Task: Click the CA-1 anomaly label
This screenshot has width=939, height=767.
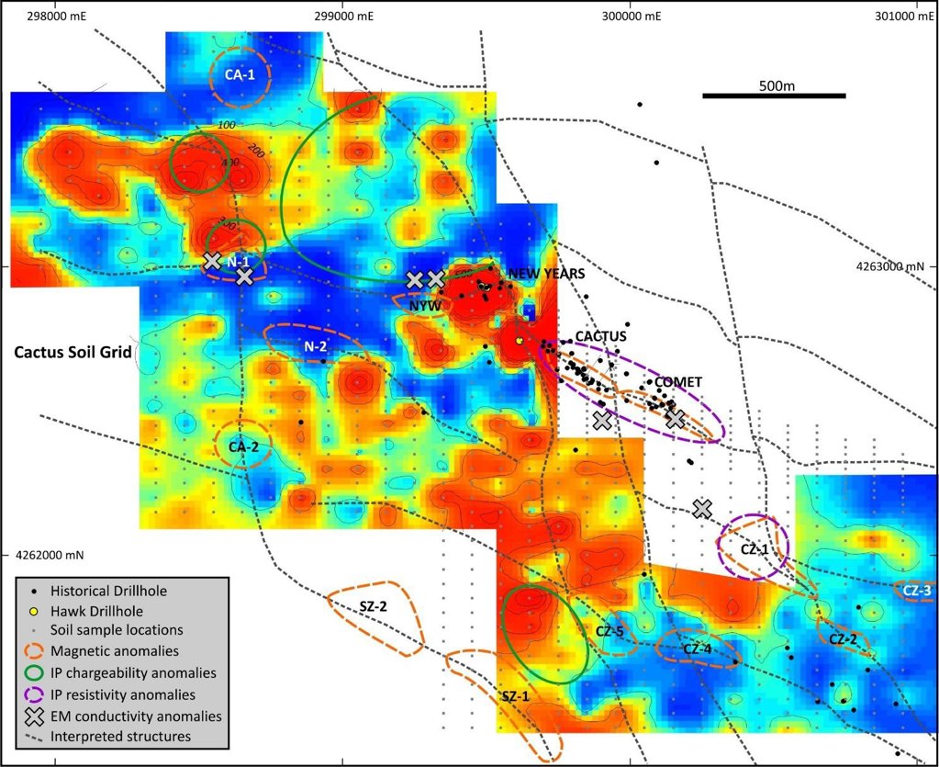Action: point(240,75)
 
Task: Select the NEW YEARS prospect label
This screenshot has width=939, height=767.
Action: point(546,274)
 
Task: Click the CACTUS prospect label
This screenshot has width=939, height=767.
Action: point(600,336)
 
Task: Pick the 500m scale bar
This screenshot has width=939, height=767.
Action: point(774,96)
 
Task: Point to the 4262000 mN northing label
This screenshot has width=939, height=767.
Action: point(50,555)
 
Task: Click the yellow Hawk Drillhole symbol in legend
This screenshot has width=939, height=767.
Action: point(34,610)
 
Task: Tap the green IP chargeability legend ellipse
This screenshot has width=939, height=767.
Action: point(34,672)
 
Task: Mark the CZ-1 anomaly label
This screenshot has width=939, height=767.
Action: point(754,549)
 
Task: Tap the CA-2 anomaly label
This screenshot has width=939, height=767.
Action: point(242,446)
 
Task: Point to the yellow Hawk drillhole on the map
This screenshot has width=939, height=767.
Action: point(520,341)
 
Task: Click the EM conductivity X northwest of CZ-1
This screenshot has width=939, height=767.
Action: point(703,508)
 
